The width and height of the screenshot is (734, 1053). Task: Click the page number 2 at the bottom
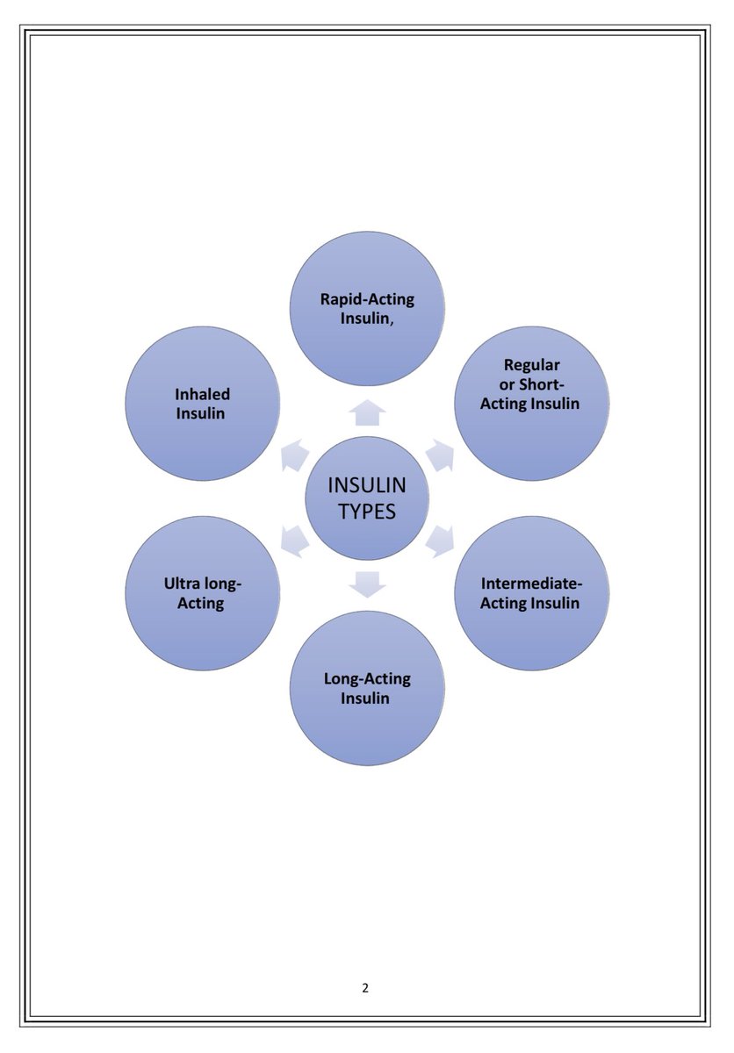[365, 988]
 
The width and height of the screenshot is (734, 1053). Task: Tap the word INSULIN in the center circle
[366, 486]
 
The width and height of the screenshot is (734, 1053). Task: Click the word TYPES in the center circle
[366, 512]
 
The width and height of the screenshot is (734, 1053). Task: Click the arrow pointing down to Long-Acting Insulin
[367, 583]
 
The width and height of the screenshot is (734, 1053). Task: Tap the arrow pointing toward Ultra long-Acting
[294, 540]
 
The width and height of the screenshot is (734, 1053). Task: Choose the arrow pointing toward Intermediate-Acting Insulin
[440, 540]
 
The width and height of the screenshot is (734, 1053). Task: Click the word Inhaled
[201, 394]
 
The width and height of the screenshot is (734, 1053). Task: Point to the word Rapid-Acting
[367, 298]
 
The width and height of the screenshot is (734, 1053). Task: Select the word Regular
[532, 364]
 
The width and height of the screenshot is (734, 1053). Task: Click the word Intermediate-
[532, 583]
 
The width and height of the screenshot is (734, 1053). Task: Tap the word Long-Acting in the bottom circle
[367, 678]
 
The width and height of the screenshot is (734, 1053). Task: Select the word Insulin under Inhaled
[201, 413]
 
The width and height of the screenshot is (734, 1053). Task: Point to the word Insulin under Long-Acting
[367, 698]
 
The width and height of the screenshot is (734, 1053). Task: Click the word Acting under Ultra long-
[201, 604]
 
